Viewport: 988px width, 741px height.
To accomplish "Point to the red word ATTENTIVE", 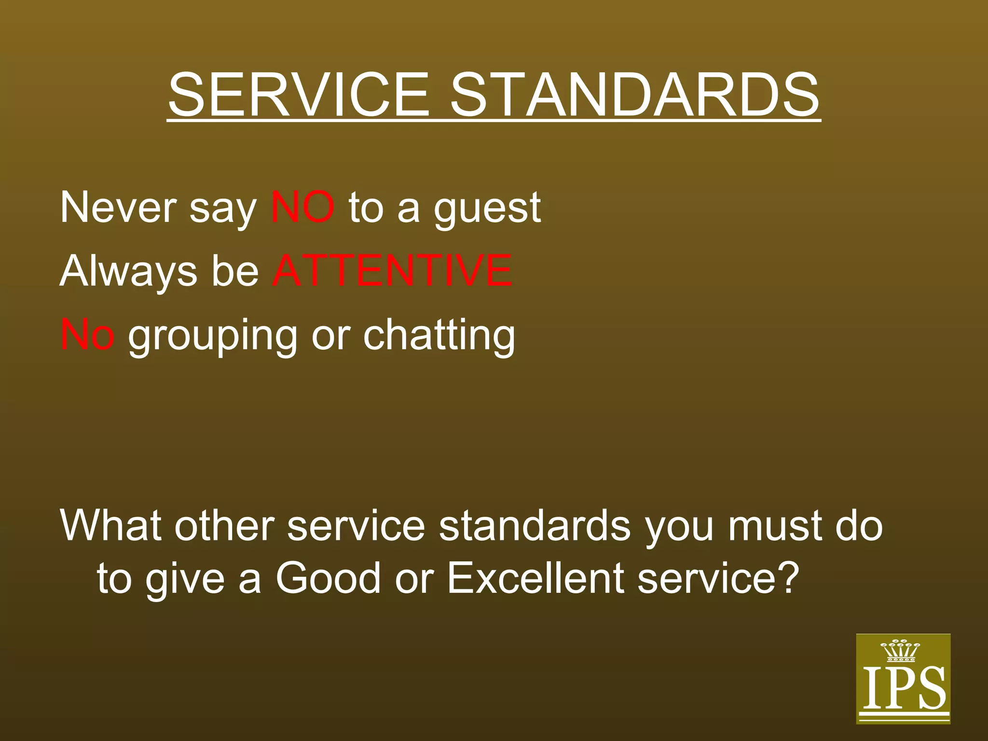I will (x=392, y=271).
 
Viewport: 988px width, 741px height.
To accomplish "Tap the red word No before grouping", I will (x=87, y=335).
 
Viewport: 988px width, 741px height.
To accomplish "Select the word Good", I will (x=329, y=578).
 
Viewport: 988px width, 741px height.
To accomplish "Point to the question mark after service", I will (x=787, y=578).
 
